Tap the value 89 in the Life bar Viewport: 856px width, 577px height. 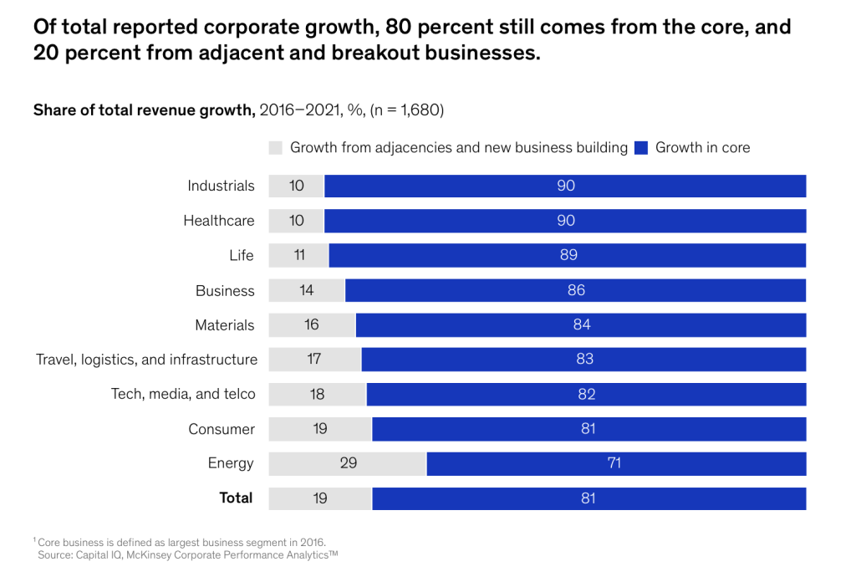(x=568, y=255)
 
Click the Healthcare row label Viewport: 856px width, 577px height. (x=219, y=221)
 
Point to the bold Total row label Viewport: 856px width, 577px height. (x=236, y=498)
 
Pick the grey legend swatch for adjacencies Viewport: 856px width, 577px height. (x=276, y=148)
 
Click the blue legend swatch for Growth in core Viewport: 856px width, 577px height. (x=641, y=148)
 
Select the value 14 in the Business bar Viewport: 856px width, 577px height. (x=307, y=290)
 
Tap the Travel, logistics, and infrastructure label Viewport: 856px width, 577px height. (x=146, y=360)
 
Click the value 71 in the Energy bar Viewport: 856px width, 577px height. (x=614, y=463)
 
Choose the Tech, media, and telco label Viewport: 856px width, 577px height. (x=183, y=394)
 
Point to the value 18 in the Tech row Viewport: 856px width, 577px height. (x=317, y=394)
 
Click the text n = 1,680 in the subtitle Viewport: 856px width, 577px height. (x=406, y=110)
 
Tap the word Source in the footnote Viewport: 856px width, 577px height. (x=53, y=554)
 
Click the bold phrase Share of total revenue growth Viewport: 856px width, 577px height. (x=143, y=110)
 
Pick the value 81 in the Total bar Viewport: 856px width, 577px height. (x=588, y=498)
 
